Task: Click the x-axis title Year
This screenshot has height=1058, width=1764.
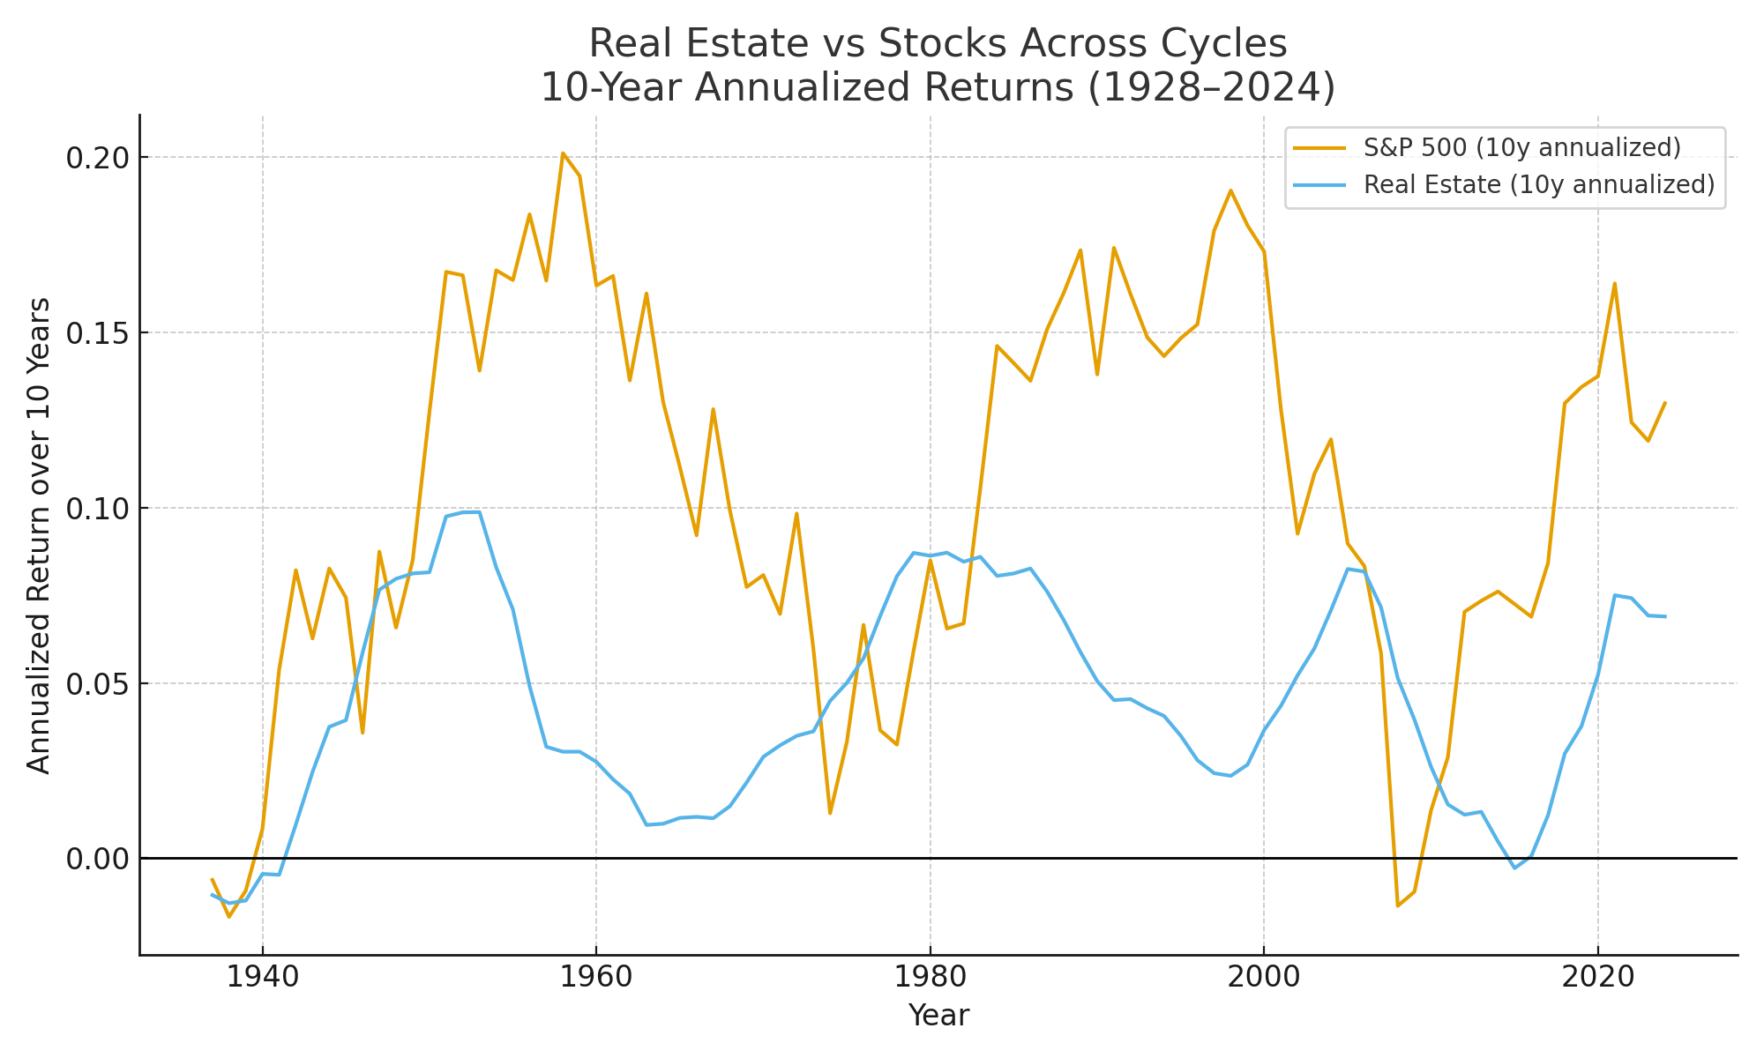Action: tap(938, 1016)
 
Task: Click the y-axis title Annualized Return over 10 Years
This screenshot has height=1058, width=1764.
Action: tap(39, 535)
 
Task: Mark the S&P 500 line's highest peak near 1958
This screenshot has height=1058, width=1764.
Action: tap(563, 153)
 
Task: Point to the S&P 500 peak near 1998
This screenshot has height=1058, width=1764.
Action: tap(1230, 190)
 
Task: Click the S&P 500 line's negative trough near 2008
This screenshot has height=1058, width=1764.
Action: tap(1398, 905)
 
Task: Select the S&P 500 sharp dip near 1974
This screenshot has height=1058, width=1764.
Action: tap(830, 812)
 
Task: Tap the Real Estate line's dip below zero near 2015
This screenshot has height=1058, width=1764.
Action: tap(1514, 868)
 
